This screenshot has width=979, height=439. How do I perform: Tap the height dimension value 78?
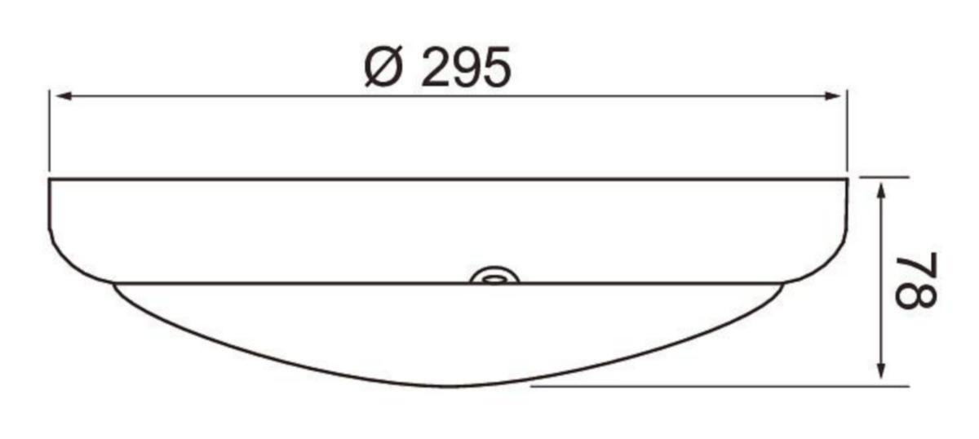[916, 280]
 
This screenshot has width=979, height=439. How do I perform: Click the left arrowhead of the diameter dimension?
[64, 95]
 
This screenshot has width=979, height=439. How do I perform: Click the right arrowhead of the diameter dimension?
[832, 95]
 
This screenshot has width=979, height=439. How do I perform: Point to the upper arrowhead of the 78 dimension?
[882, 192]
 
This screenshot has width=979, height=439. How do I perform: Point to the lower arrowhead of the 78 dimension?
[882, 370]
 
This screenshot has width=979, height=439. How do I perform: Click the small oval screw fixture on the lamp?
[494, 276]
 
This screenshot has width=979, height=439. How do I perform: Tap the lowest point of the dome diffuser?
[450, 387]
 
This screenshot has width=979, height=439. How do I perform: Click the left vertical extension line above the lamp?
[50, 131]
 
